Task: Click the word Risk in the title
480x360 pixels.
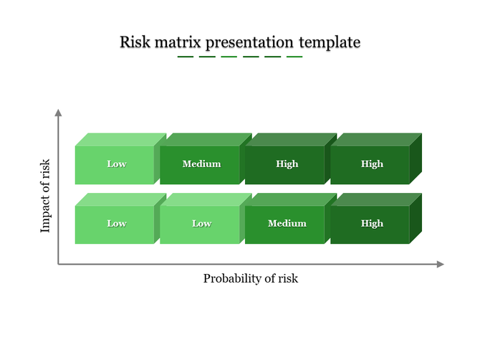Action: tap(134, 42)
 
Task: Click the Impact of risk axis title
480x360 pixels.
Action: tap(45, 196)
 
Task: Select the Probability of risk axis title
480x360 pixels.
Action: tap(250, 278)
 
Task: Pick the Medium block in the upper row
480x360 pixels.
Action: tap(201, 164)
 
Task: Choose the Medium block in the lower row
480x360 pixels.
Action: tap(287, 224)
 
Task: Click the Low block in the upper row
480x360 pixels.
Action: tap(116, 164)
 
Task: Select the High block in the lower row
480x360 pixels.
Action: tap(372, 224)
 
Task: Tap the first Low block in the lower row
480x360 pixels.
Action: tap(116, 224)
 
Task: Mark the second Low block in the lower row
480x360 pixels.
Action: tap(201, 224)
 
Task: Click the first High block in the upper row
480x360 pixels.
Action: tap(287, 164)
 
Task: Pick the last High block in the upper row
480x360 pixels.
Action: tap(372, 164)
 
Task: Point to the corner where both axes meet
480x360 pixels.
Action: tap(59, 265)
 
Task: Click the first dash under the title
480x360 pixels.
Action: tap(186, 57)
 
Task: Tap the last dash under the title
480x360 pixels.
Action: tap(294, 57)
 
